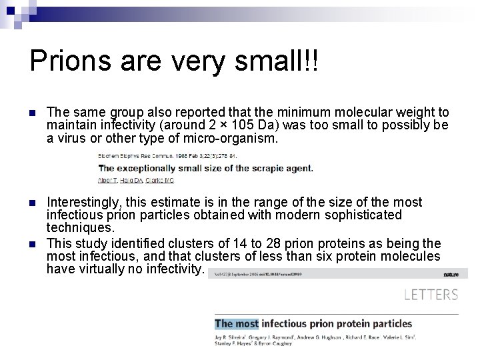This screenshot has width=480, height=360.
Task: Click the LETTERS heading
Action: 431,294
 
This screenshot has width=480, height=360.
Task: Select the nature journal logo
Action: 451,273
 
